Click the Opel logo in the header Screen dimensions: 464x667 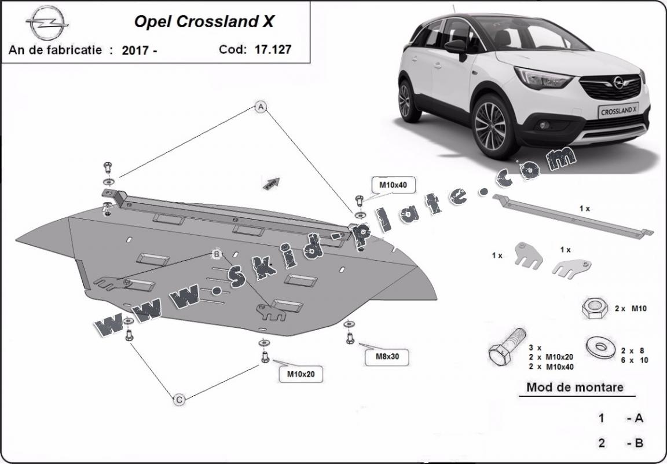(x=47, y=24)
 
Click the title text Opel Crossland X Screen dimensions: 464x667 (x=204, y=22)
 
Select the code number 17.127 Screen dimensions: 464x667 (x=273, y=49)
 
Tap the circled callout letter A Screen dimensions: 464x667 (x=261, y=107)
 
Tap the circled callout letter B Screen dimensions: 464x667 (x=216, y=254)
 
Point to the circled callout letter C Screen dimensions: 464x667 (x=179, y=399)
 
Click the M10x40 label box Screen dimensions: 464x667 (x=393, y=185)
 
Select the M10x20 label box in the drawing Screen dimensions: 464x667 (x=301, y=374)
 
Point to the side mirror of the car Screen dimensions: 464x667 (x=456, y=47)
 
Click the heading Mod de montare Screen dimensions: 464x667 (x=574, y=387)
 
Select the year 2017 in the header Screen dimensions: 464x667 (x=136, y=50)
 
